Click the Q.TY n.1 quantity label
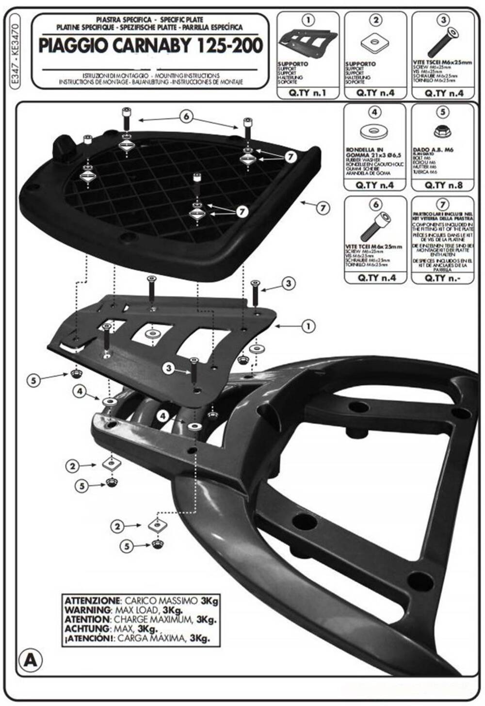click(x=308, y=93)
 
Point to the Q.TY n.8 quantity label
click(x=443, y=185)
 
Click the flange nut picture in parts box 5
click(x=442, y=130)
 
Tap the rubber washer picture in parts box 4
click(x=374, y=131)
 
